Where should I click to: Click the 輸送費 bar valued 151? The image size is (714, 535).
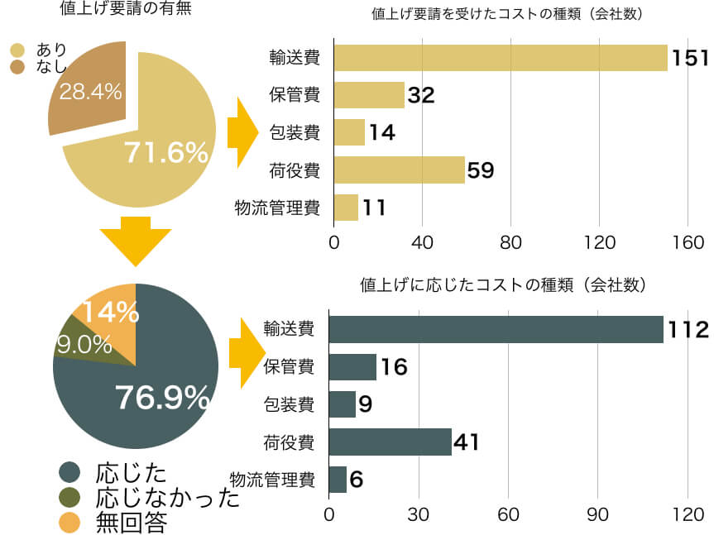[501, 57]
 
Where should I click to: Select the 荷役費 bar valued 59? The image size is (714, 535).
[400, 170]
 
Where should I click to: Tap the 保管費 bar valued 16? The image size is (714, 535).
[352, 366]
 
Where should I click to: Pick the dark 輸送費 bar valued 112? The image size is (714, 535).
[496, 329]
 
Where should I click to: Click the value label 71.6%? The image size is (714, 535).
[165, 152]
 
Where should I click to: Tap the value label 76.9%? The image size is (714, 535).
[162, 398]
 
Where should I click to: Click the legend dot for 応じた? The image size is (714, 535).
[70, 473]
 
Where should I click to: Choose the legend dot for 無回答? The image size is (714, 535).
[70, 522]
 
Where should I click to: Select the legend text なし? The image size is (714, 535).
[51, 67]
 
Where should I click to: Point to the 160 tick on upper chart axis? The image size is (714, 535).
[688, 242]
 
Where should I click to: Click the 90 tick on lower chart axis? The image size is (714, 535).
[598, 514]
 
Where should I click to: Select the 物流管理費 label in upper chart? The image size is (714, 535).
[278, 208]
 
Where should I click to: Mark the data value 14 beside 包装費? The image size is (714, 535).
[381, 132]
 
